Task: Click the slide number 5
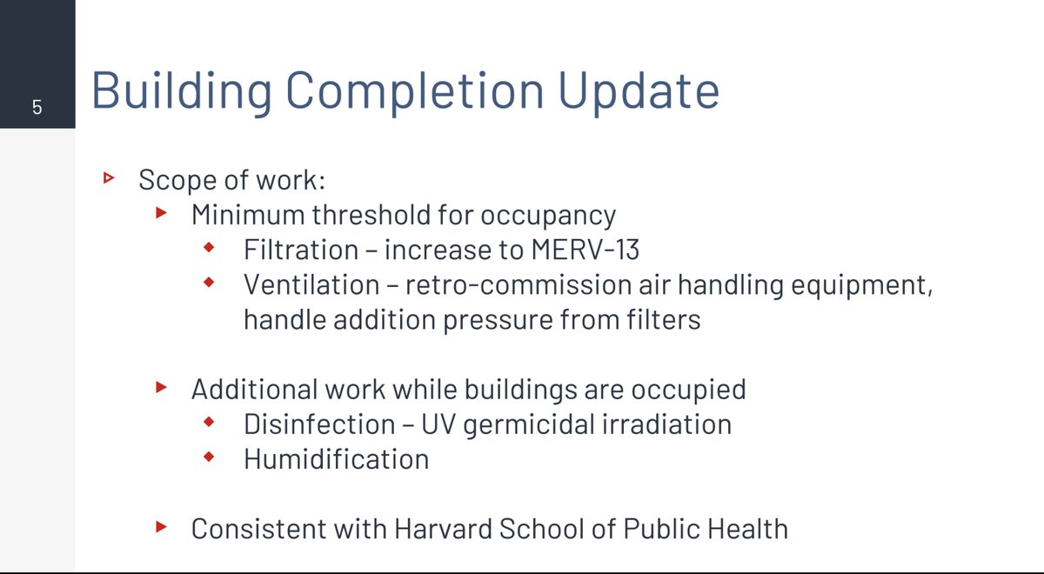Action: click(x=37, y=108)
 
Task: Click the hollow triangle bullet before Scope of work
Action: click(x=109, y=178)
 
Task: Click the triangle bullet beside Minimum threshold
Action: click(x=161, y=213)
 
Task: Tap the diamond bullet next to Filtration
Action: click(x=208, y=249)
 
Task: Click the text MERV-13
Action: click(x=584, y=250)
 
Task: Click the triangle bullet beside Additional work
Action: click(x=161, y=387)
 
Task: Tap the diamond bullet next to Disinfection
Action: click(x=208, y=423)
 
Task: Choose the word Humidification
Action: click(x=336, y=458)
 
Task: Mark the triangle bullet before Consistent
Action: click(x=161, y=526)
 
